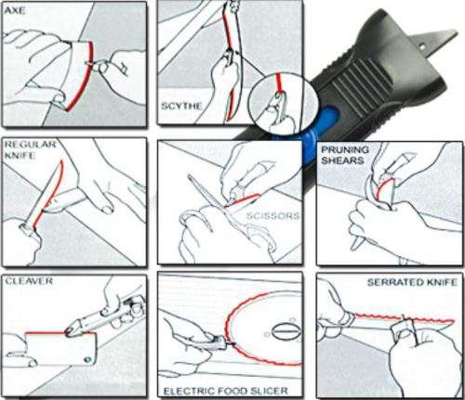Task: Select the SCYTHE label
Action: click(180, 107)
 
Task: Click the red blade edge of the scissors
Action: click(244, 198)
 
